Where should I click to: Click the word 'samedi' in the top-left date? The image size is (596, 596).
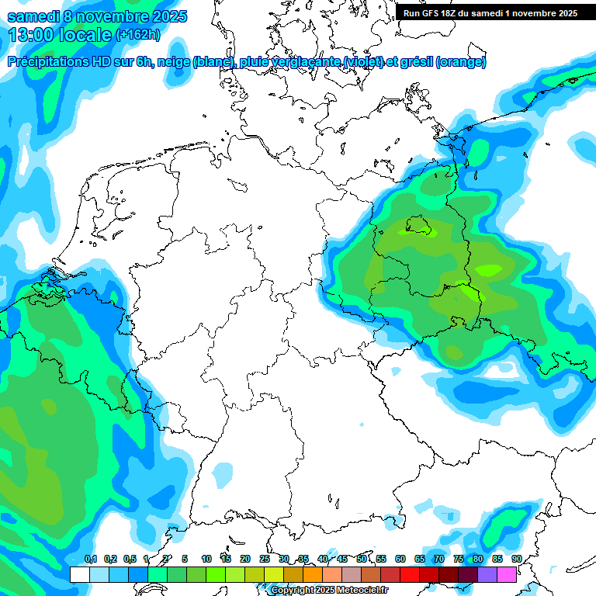coord(33,17)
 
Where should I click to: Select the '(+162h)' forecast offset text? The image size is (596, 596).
coord(138,35)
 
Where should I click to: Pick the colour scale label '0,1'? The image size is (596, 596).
coord(91,560)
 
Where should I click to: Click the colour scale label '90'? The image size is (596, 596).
coord(517,560)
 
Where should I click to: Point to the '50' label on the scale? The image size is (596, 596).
coord(362,560)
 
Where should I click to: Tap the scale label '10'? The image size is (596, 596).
coord(206,560)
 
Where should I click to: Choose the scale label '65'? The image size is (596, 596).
coord(420,560)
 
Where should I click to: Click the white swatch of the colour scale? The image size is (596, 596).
coord(79,574)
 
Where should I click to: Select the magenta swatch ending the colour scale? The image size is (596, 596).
coord(507,574)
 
